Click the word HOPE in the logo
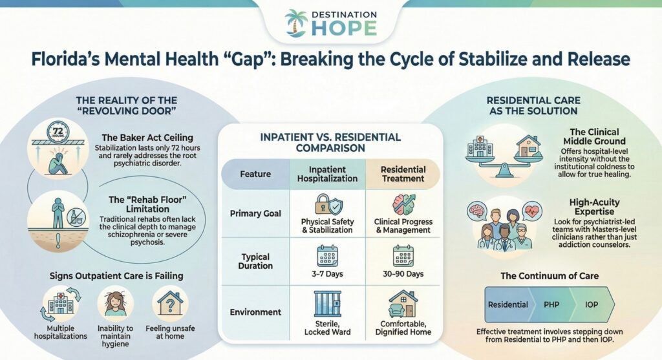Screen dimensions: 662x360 [x=344, y=28]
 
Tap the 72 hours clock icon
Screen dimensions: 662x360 [x=58, y=132]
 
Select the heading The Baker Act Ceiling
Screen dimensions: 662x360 [x=147, y=138]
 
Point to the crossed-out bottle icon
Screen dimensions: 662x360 [x=76, y=217]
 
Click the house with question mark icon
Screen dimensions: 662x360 [x=170, y=302]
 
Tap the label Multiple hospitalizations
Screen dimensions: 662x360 [x=60, y=332]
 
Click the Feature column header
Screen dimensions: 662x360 [x=255, y=174]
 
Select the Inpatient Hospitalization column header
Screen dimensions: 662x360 [x=327, y=174]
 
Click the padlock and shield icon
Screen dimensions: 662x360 [x=328, y=204]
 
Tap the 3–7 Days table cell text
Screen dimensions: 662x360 [x=327, y=274]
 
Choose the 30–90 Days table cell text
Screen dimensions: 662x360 [x=403, y=274]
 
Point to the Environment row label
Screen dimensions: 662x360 [x=255, y=312]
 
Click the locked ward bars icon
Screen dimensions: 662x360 [x=328, y=303]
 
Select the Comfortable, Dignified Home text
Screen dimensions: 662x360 [x=403, y=328]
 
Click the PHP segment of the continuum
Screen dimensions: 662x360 [x=551, y=304]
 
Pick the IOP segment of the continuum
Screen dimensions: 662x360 [x=592, y=304]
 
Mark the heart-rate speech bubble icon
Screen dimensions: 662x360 [x=532, y=211]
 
